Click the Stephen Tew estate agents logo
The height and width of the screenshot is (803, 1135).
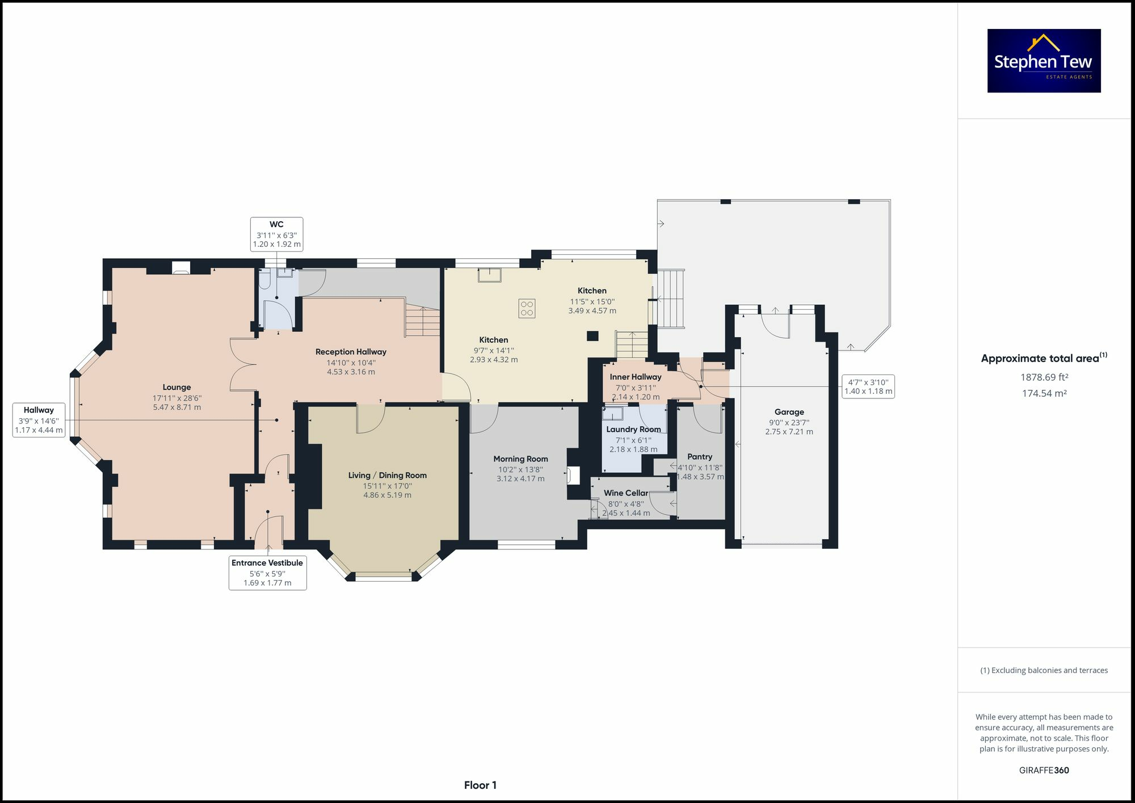pos(1044,61)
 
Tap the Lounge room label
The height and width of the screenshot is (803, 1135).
pos(176,388)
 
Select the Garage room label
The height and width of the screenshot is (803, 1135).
pos(789,412)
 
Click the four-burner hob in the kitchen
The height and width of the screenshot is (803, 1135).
pos(527,308)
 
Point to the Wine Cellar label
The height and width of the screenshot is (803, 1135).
pos(626,493)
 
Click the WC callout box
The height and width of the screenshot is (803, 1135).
pos(276,234)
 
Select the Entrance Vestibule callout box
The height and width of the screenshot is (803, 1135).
pos(267,573)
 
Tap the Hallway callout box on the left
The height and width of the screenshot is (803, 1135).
pos(39,420)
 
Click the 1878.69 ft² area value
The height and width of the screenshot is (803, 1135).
pos(1044,377)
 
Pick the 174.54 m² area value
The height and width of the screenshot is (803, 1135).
pos(1044,393)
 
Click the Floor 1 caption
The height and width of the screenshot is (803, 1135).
pos(480,785)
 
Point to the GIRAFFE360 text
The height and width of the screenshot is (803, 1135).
pos(1044,770)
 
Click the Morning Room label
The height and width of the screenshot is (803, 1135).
pos(520,459)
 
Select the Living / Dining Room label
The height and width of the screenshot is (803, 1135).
pos(387,476)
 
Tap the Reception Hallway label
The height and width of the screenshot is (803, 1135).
pos(351,352)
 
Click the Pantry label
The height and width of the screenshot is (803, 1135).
pos(700,457)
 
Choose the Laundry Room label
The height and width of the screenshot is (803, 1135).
pos(633,430)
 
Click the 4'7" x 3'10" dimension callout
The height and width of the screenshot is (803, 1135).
pos(868,386)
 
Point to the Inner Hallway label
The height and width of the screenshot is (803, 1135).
pos(636,377)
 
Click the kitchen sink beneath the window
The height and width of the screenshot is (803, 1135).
pos(489,275)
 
